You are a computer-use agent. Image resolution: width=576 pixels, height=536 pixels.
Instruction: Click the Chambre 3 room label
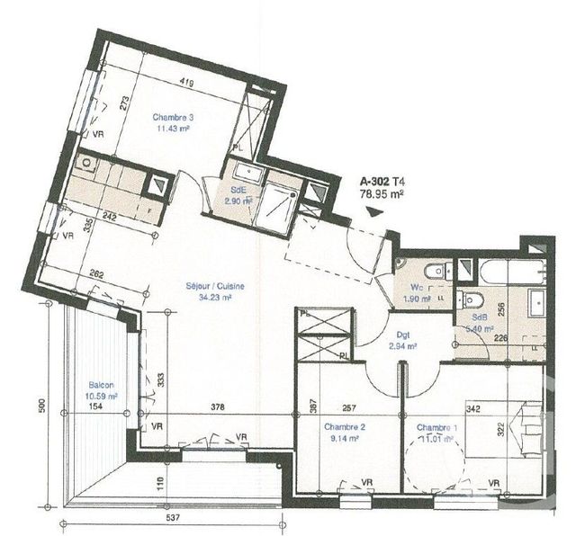pyautogui.click(x=173, y=117)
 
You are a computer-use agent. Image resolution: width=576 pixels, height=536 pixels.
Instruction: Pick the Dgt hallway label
pyautogui.click(x=396, y=333)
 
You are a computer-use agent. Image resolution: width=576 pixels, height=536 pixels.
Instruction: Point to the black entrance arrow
pyautogui.click(x=374, y=212)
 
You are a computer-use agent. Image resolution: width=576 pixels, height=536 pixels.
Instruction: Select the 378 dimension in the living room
pyautogui.click(x=216, y=406)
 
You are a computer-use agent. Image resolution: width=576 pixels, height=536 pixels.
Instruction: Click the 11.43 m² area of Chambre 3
pyautogui.click(x=171, y=129)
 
